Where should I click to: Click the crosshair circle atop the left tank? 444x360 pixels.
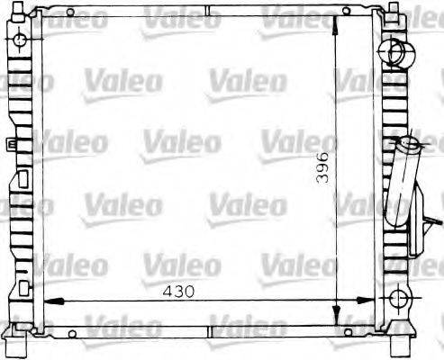[x=20, y=41]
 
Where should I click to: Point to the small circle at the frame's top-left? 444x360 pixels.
[x=69, y=13]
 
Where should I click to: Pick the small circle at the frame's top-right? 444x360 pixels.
[x=346, y=13]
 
